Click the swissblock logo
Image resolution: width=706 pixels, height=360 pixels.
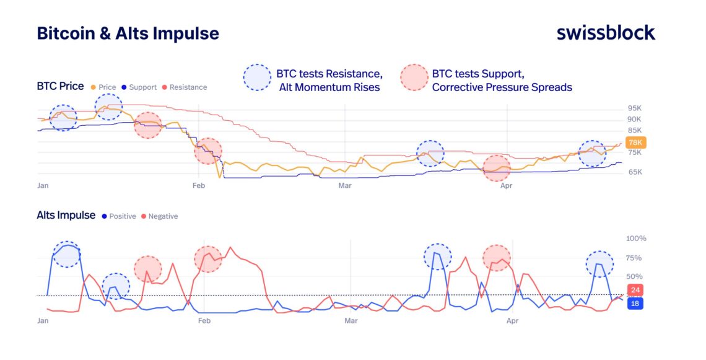[605, 33]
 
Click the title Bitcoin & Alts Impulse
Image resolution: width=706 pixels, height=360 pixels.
[128, 33]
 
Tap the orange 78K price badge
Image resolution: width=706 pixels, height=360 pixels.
[637, 143]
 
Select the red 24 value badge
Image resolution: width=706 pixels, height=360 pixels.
[635, 290]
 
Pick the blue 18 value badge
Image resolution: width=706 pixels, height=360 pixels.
[635, 304]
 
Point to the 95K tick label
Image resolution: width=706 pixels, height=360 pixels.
[635, 108]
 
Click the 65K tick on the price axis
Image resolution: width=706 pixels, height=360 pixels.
[635, 172]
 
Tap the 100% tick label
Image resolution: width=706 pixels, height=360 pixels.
[636, 239]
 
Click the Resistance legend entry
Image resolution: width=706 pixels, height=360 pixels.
[188, 87]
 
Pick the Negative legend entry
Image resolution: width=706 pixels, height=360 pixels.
[163, 216]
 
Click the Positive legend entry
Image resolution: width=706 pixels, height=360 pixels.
[122, 216]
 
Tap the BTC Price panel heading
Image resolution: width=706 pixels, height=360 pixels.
[60, 86]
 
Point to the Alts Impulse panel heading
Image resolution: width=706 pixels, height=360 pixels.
[66, 215]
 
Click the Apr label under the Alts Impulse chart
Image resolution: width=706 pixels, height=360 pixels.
[512, 321]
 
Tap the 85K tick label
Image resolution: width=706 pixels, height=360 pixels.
[635, 130]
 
